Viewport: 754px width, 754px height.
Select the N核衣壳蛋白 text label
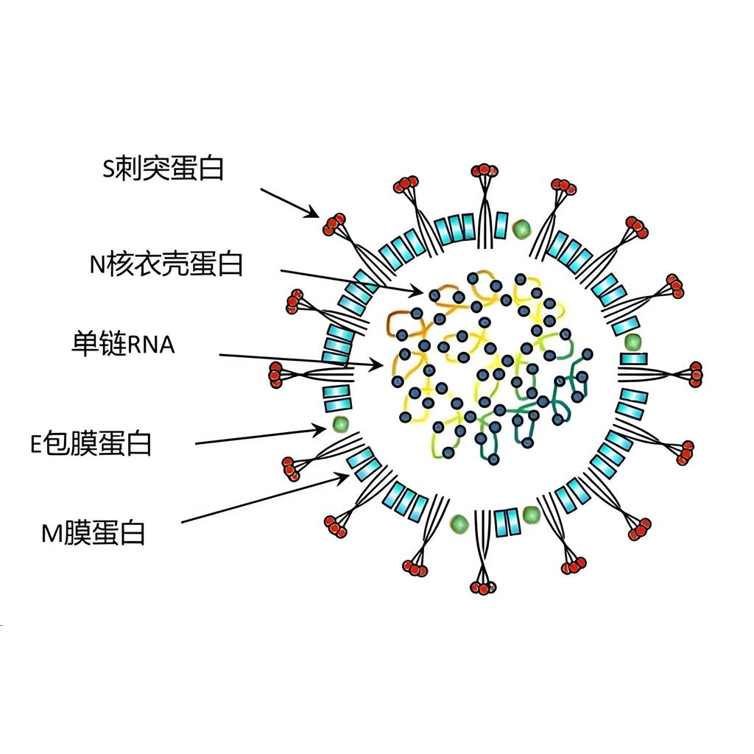pos(166,263)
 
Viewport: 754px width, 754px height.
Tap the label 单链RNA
pos(124,344)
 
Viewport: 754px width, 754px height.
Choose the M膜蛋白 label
pos(94,532)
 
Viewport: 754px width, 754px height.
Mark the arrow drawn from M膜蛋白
pos(265,498)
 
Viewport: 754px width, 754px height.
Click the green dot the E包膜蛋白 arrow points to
pos(340,423)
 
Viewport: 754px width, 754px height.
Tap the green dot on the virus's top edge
pos(522,228)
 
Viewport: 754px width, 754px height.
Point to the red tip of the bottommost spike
pos(483,587)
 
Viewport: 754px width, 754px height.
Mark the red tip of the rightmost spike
pos(695,374)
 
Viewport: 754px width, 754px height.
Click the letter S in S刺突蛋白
pos(108,170)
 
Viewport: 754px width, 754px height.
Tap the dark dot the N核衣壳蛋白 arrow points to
pos(434,295)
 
